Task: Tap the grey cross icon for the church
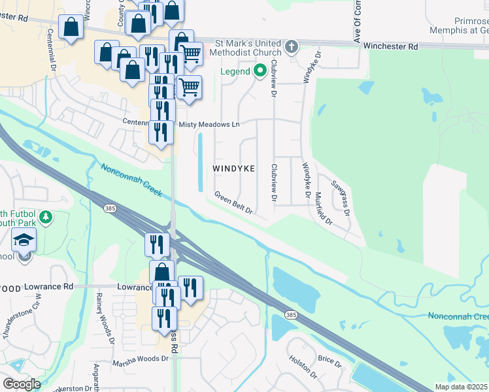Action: (292, 47)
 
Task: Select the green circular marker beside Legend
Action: (259, 71)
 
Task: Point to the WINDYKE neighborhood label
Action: (233, 169)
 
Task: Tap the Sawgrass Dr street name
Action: (341, 199)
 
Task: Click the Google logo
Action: (22, 384)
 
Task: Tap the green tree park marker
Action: (45, 217)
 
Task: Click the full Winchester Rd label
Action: (390, 46)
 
